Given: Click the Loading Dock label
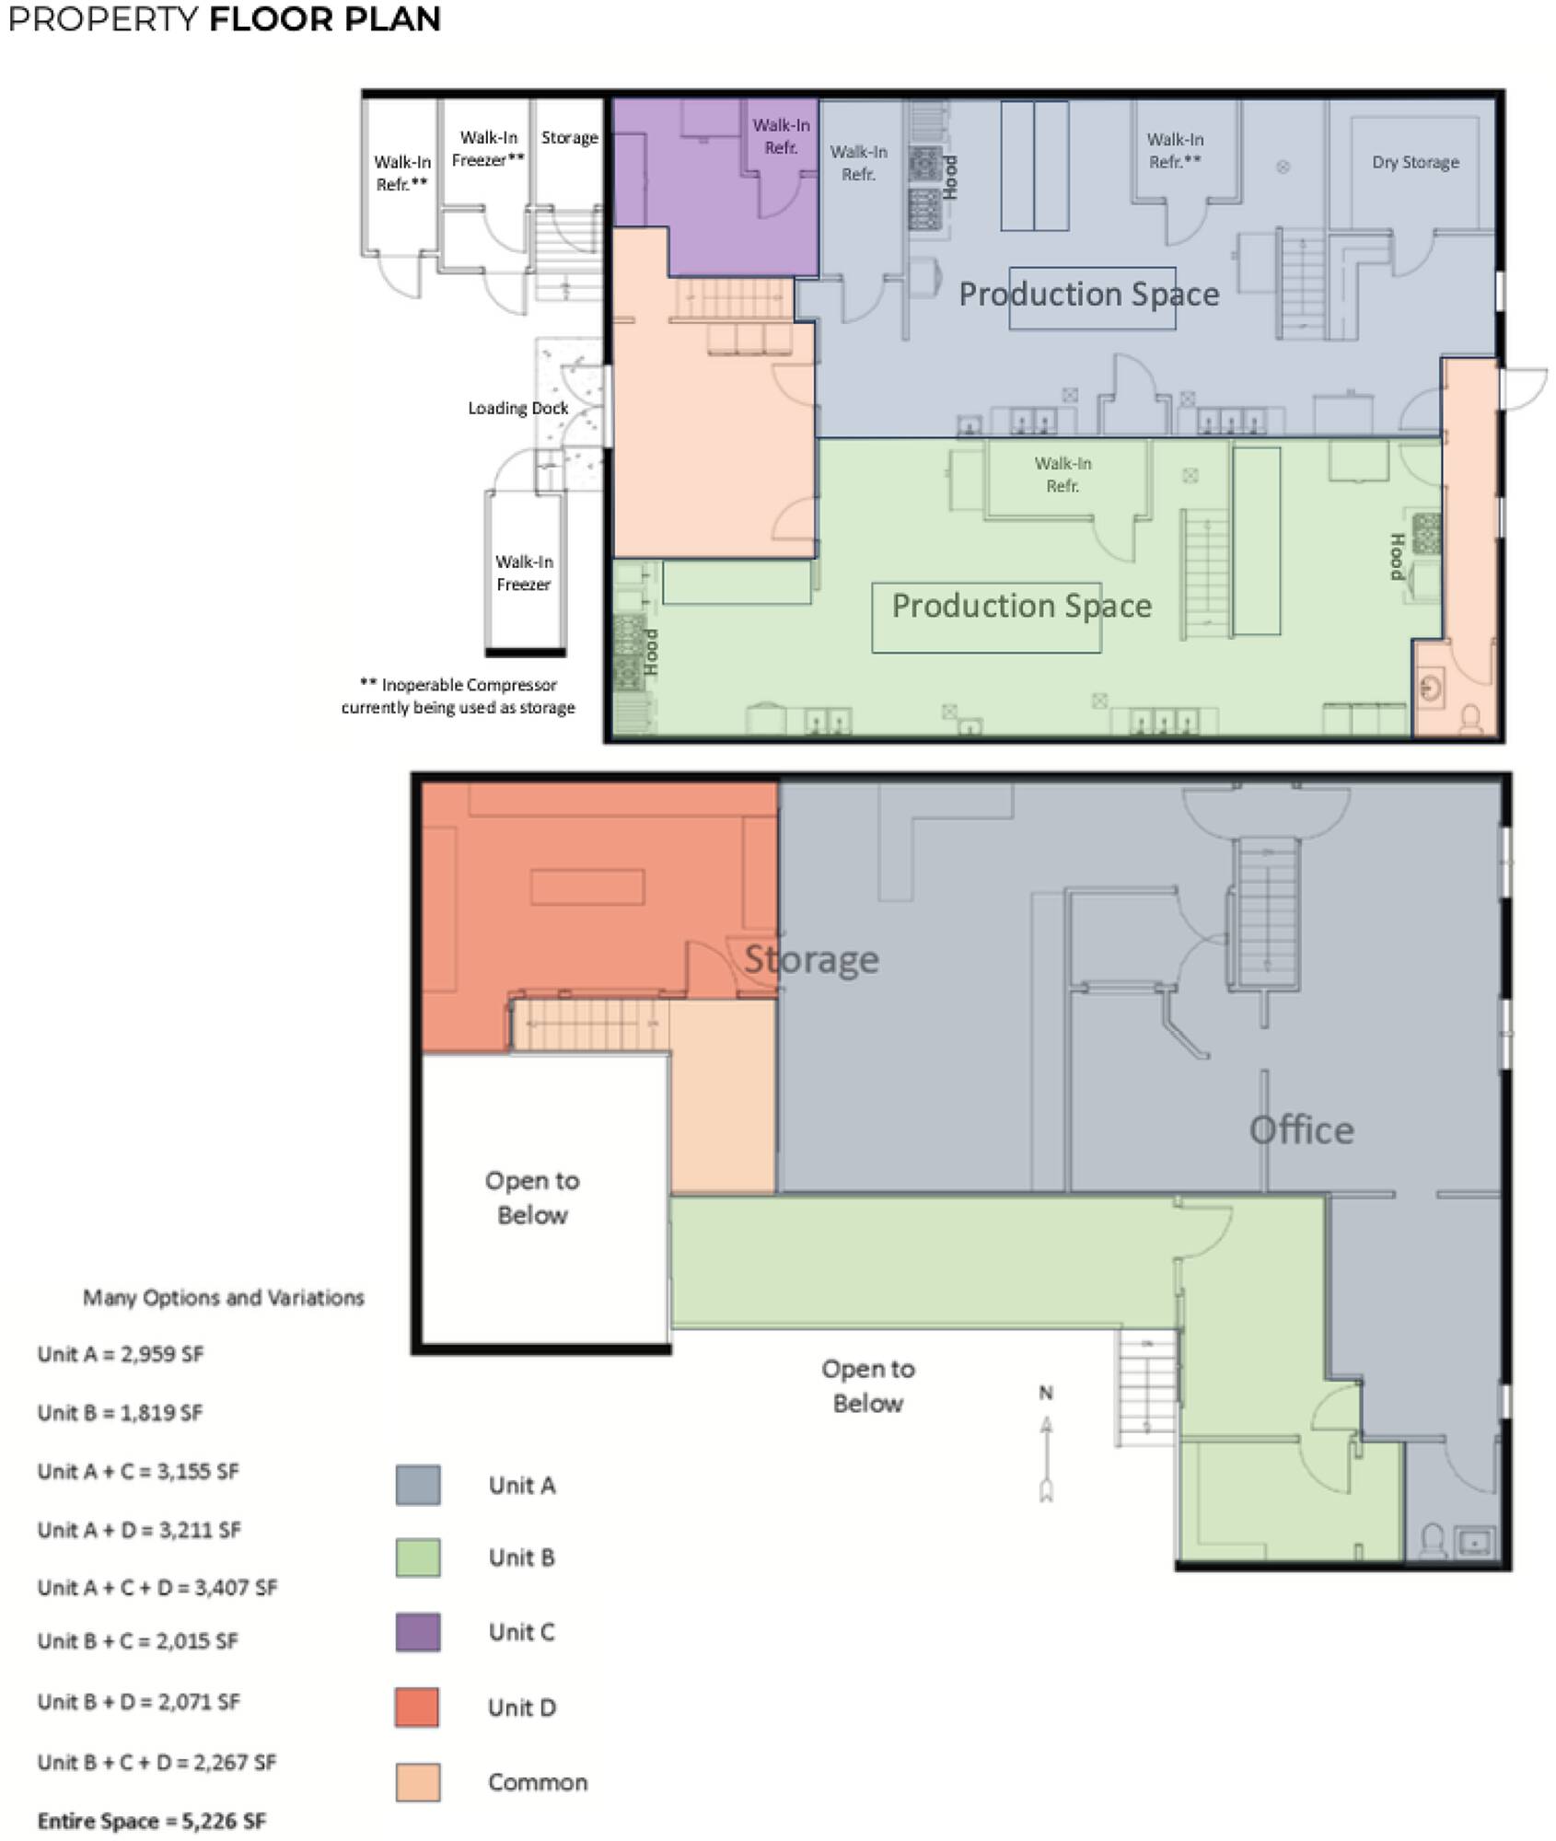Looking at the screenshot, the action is click(517, 408).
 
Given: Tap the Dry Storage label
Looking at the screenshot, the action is click(1415, 162).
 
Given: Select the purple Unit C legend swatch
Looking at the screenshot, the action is click(418, 1632).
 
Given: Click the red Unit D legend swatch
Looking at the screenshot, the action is click(418, 1708).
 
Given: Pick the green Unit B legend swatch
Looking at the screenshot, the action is click(418, 1557).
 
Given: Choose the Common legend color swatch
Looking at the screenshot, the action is click(418, 1782).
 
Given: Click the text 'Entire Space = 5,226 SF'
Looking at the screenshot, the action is click(152, 1821).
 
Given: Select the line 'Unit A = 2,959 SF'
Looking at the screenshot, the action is click(121, 1354).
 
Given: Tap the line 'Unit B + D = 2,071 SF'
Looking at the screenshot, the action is click(139, 1702).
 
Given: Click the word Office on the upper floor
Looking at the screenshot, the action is click(1301, 1130).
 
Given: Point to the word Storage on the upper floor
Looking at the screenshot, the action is click(811, 960).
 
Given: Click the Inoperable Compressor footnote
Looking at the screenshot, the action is click(459, 696).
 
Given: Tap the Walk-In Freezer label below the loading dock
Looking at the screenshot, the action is click(524, 573).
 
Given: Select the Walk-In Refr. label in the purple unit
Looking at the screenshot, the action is click(781, 136).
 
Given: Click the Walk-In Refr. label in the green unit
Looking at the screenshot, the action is click(1062, 474).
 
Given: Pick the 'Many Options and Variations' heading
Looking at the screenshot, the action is click(224, 1297).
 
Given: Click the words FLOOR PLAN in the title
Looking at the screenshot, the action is click(325, 19).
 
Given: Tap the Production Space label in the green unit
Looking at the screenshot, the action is click(1022, 606).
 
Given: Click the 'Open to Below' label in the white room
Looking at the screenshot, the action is click(532, 1198).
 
